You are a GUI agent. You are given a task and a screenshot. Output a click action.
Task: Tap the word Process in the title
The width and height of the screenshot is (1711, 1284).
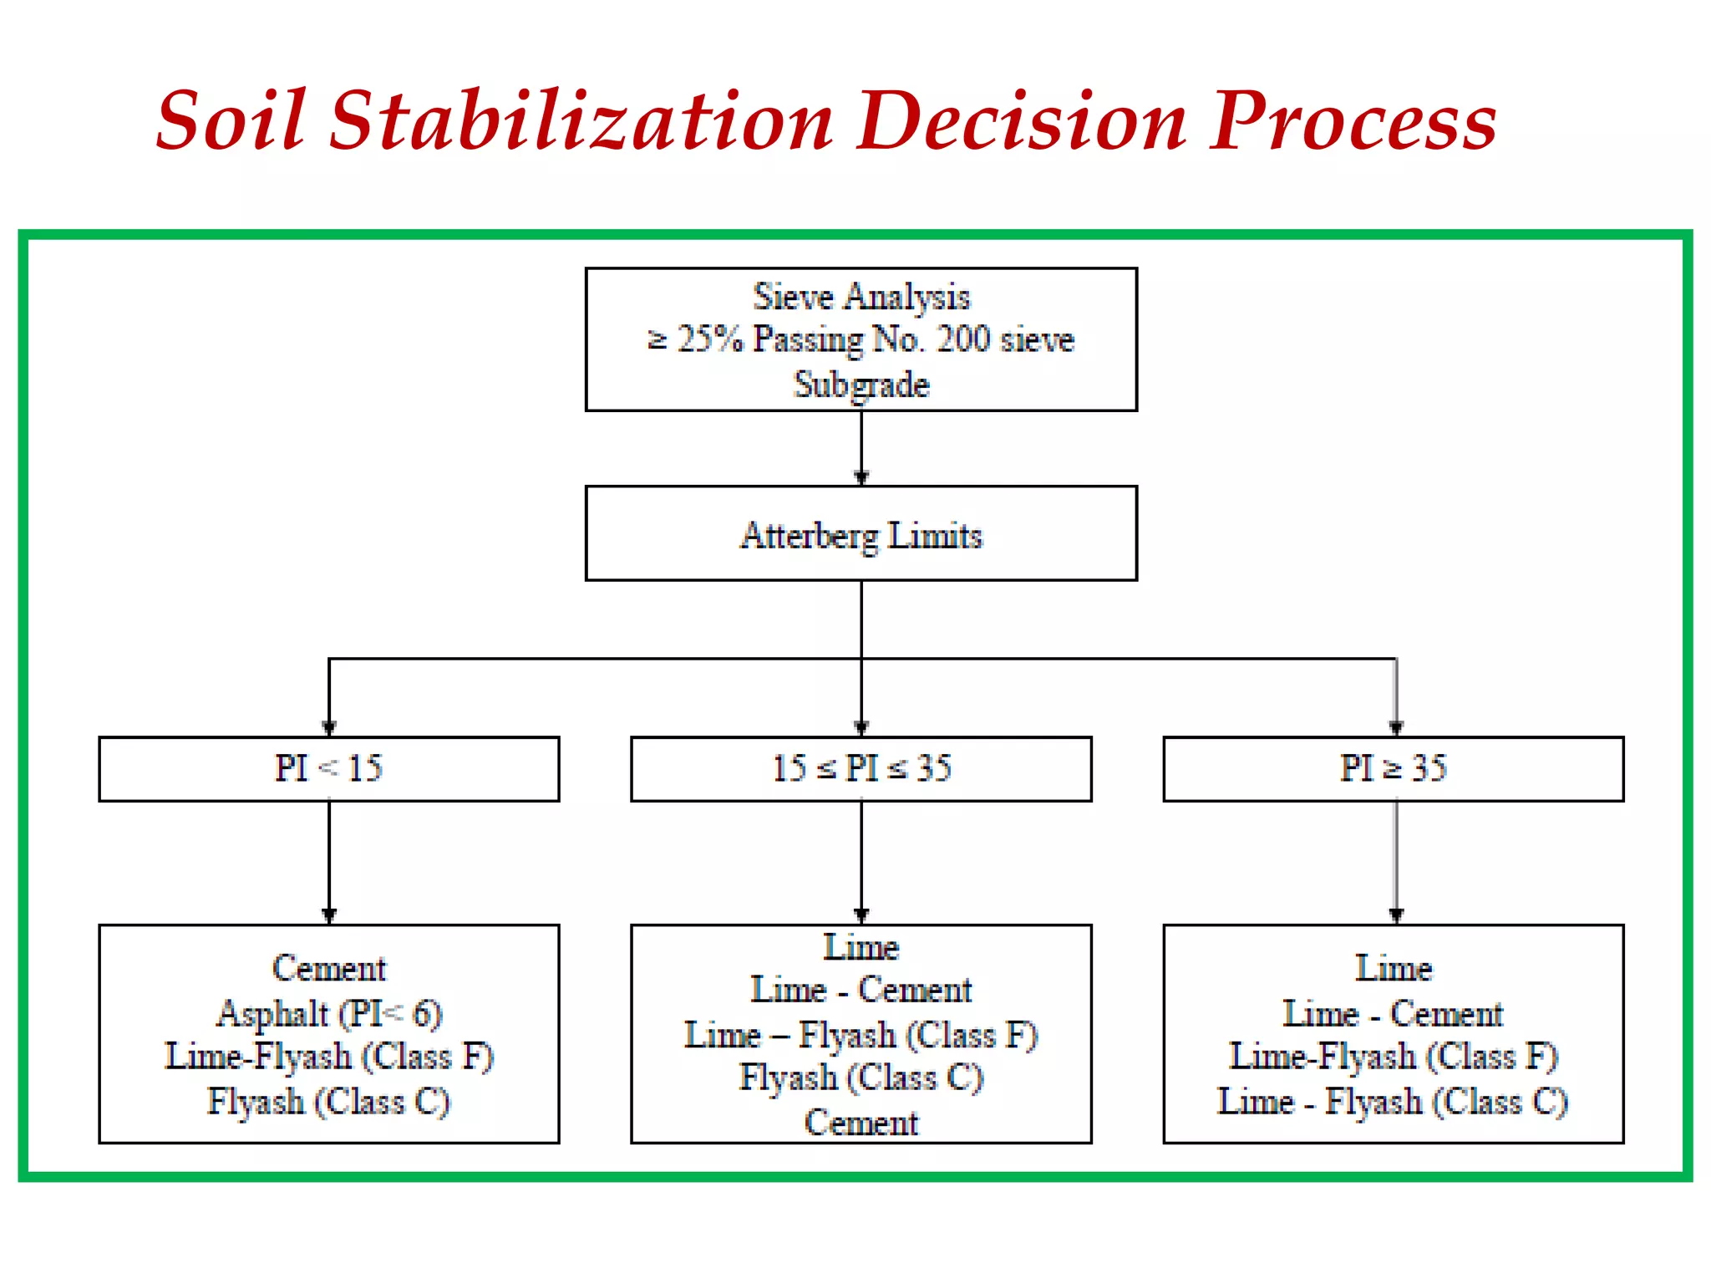1353,121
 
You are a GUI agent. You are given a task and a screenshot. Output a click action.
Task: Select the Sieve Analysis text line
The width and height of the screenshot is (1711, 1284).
861,297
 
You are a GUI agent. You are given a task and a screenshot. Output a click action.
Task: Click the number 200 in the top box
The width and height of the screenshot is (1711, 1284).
963,339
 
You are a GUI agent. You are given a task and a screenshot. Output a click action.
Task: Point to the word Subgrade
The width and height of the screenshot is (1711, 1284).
861,385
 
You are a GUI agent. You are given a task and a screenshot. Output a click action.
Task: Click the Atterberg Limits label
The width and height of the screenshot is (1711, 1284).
861,535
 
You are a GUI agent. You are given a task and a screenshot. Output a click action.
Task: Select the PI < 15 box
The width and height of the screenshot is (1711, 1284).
329,768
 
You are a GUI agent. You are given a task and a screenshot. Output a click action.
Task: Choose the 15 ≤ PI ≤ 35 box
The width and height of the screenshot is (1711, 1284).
861,768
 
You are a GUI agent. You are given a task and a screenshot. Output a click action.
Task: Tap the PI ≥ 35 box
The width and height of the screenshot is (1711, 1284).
1394,768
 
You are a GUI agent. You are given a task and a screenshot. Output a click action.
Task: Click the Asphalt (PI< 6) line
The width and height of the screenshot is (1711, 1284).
329,1013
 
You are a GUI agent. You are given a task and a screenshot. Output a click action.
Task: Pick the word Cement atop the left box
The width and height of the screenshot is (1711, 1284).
329,968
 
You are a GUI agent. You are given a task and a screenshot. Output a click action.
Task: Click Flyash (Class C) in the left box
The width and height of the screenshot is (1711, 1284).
329,1102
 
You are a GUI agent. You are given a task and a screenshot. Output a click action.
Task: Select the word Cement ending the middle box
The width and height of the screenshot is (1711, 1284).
861,1123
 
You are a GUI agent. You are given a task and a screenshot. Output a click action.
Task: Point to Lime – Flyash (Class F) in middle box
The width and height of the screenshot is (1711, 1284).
861,1035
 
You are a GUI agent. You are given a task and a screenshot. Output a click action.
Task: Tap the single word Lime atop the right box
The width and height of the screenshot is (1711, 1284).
1394,968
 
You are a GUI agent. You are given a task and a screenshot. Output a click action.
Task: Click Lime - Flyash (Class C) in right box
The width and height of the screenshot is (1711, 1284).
1394,1102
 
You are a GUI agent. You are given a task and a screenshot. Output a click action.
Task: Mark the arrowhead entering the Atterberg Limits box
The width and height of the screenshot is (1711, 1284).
861,477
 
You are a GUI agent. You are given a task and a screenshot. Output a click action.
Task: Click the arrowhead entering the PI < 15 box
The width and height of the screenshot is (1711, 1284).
329,727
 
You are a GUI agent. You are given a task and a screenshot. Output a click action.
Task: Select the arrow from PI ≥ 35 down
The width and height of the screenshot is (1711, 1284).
1396,861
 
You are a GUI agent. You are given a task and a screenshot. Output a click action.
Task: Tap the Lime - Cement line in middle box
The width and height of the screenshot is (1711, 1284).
861,991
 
